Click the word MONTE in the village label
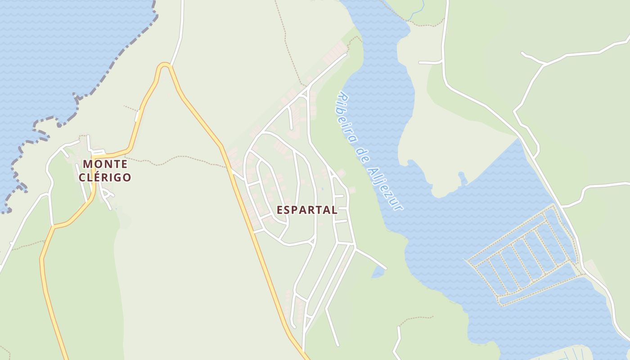(x=105, y=164)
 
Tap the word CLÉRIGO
(x=105, y=177)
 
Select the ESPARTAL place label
(x=306, y=210)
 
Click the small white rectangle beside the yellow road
(x=137, y=116)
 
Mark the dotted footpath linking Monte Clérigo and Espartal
(x=180, y=158)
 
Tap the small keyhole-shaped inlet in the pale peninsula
(x=462, y=178)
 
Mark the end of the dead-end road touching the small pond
(x=385, y=268)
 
